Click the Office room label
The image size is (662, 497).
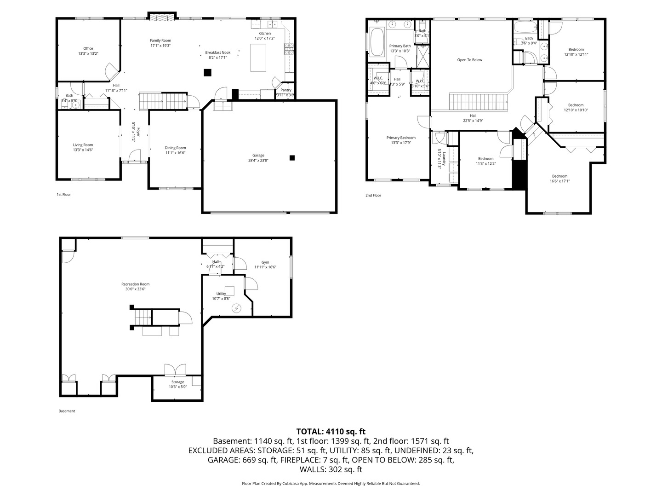(x=88, y=48)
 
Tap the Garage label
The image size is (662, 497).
(x=258, y=155)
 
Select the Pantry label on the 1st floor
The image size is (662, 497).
(x=285, y=90)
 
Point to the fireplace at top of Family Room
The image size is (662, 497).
(x=161, y=17)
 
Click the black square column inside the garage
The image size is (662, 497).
(x=292, y=158)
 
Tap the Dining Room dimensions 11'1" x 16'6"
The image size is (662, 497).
(x=176, y=153)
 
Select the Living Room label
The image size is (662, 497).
(x=83, y=145)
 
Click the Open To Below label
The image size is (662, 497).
(x=469, y=60)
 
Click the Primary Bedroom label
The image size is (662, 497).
(x=401, y=138)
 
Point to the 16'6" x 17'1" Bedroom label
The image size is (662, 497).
(x=559, y=176)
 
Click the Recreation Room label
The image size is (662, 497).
(x=135, y=284)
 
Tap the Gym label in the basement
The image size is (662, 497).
(x=265, y=262)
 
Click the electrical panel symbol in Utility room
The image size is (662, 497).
(x=237, y=308)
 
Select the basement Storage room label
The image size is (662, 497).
(x=177, y=382)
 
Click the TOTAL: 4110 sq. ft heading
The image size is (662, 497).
(x=331, y=432)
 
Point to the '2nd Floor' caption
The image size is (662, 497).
(x=373, y=196)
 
